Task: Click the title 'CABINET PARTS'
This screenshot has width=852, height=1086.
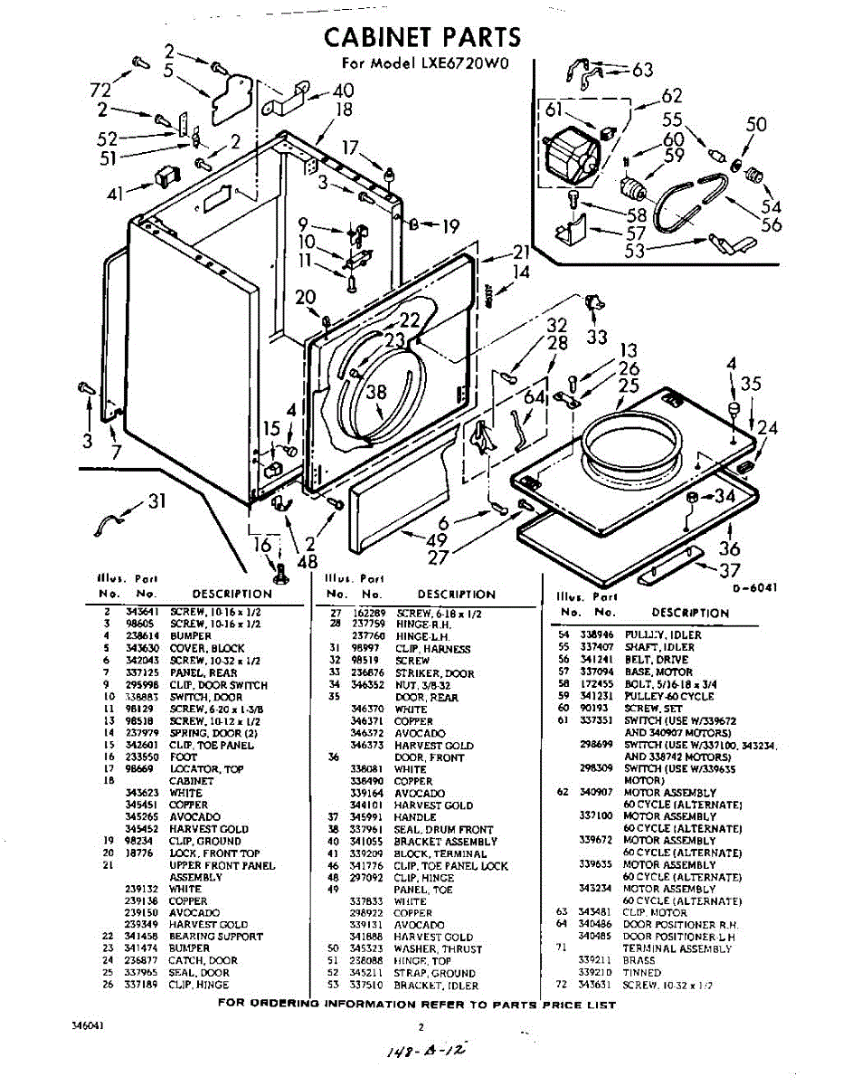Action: pos(422,37)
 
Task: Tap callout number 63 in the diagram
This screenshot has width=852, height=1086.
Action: pos(642,70)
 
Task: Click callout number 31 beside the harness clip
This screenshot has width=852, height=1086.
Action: pos(157,500)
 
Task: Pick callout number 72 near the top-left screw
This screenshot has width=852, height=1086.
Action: pos(100,89)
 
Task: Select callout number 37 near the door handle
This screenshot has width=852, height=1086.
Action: pos(730,570)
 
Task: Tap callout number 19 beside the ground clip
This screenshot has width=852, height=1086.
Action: pos(450,227)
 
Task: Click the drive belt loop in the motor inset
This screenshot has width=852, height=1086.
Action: pos(687,204)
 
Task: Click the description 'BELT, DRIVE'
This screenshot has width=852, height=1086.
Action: pos(656,660)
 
